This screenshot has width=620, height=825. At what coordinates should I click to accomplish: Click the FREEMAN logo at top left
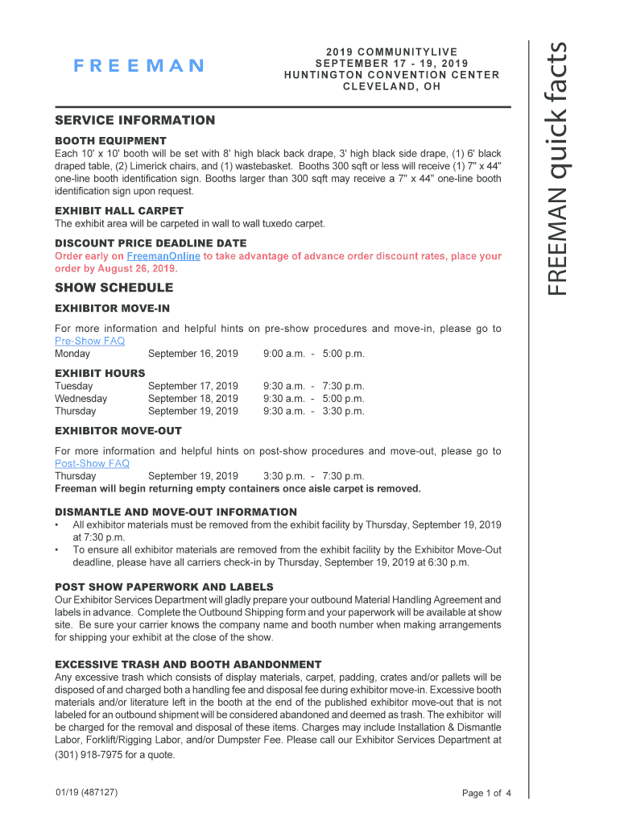pos(138,66)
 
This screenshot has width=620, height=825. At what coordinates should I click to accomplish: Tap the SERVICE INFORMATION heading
pos(134,121)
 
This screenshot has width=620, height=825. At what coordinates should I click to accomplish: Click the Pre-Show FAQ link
pos(89,341)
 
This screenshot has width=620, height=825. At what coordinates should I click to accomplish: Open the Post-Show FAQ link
pos(92,463)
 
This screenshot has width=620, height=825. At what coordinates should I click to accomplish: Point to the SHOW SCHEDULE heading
pos(114,288)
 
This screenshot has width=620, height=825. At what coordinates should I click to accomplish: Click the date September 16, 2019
pos(193,354)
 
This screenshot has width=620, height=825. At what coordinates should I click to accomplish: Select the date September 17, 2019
pos(193,386)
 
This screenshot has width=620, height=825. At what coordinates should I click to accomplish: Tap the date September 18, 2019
pos(193,398)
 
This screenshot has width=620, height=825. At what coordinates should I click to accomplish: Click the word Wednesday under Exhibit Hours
pos(81,398)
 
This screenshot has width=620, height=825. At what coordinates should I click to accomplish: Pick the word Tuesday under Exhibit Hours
pos(73,386)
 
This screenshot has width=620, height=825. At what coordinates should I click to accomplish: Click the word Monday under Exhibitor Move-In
pos(72,354)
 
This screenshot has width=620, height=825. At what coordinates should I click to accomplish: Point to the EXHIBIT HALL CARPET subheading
pos(119,211)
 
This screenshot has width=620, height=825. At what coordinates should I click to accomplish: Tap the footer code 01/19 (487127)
pos(86,793)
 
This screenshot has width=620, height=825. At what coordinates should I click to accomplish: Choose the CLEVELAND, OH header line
pos(391,87)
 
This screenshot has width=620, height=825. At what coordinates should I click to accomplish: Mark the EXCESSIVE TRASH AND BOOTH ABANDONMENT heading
pos(188,665)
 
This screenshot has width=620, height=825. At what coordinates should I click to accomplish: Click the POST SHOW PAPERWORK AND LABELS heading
pos(163,587)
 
